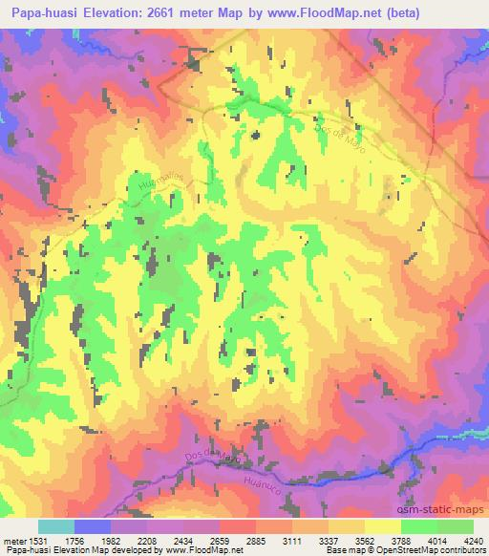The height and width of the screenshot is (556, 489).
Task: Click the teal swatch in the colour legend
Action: (x=55, y=526)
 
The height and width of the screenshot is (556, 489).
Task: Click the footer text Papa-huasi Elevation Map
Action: (x=48, y=549)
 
